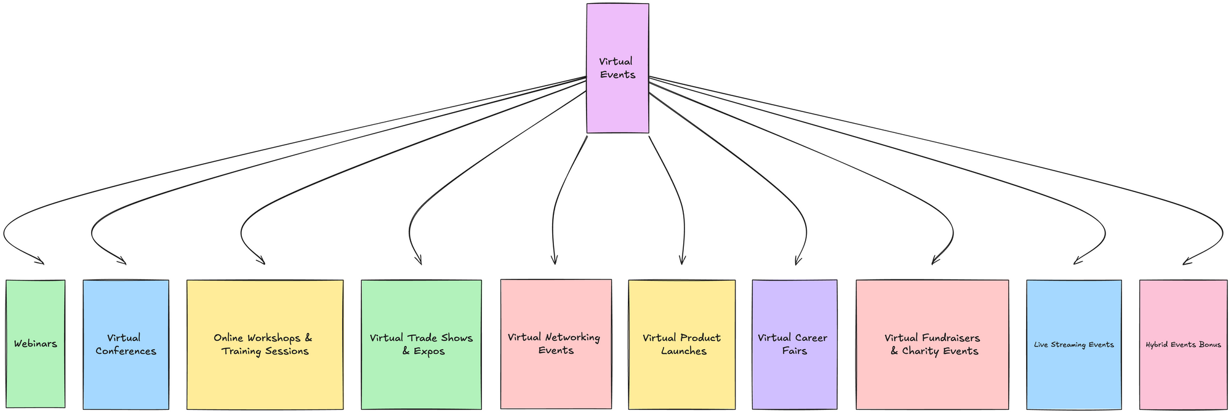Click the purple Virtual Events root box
tap(617, 68)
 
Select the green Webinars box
tap(36, 343)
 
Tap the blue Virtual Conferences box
tap(126, 344)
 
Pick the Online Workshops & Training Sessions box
tap(265, 344)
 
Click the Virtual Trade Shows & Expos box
tap(421, 344)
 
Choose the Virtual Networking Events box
tap(556, 343)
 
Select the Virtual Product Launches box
tap(682, 344)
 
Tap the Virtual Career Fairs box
tap(795, 344)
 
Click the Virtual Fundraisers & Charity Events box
tap(932, 344)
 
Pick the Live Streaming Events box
tap(1074, 344)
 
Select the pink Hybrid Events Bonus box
tap(1183, 344)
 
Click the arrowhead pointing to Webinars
tap(42, 263)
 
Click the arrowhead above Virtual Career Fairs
tap(796, 262)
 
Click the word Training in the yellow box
tap(243, 351)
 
